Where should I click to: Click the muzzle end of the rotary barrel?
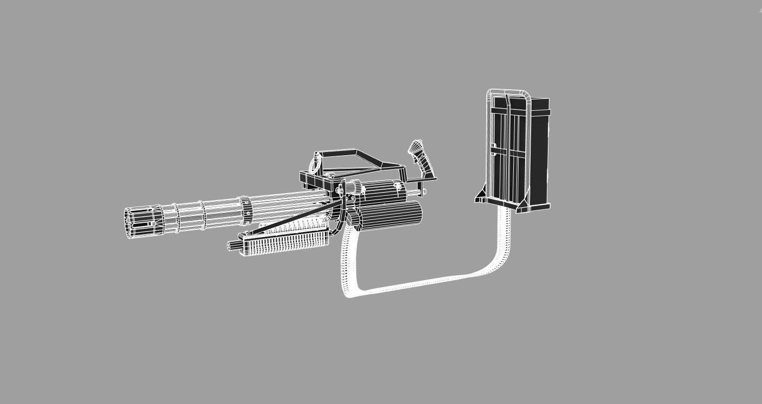pyautogui.click(x=131, y=222)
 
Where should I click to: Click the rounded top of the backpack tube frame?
pyautogui.click(x=508, y=92)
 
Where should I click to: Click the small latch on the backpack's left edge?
pyautogui.click(x=493, y=146)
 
